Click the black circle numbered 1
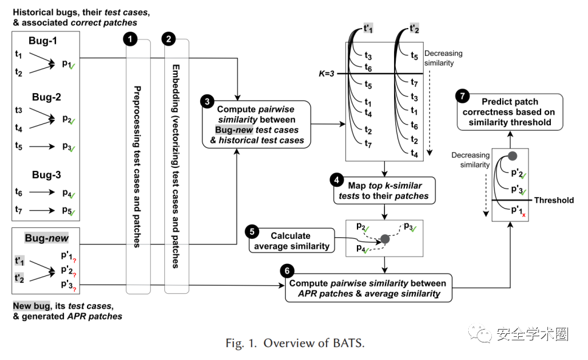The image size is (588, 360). pyautogui.click(x=130, y=39)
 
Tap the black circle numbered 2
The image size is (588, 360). pyautogui.click(x=168, y=39)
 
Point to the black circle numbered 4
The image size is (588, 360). pyautogui.click(x=336, y=181)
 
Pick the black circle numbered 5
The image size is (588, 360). pyautogui.click(x=252, y=232)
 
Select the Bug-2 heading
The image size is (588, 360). pyautogui.click(x=46, y=97)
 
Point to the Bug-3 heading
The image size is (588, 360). pyautogui.click(x=46, y=175)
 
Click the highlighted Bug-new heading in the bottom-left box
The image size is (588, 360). pyautogui.click(x=47, y=238)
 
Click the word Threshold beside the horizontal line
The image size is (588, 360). pyautogui.click(x=553, y=200)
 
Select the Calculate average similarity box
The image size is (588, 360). pyautogui.click(x=291, y=241)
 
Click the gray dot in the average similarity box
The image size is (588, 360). pyautogui.click(x=384, y=239)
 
